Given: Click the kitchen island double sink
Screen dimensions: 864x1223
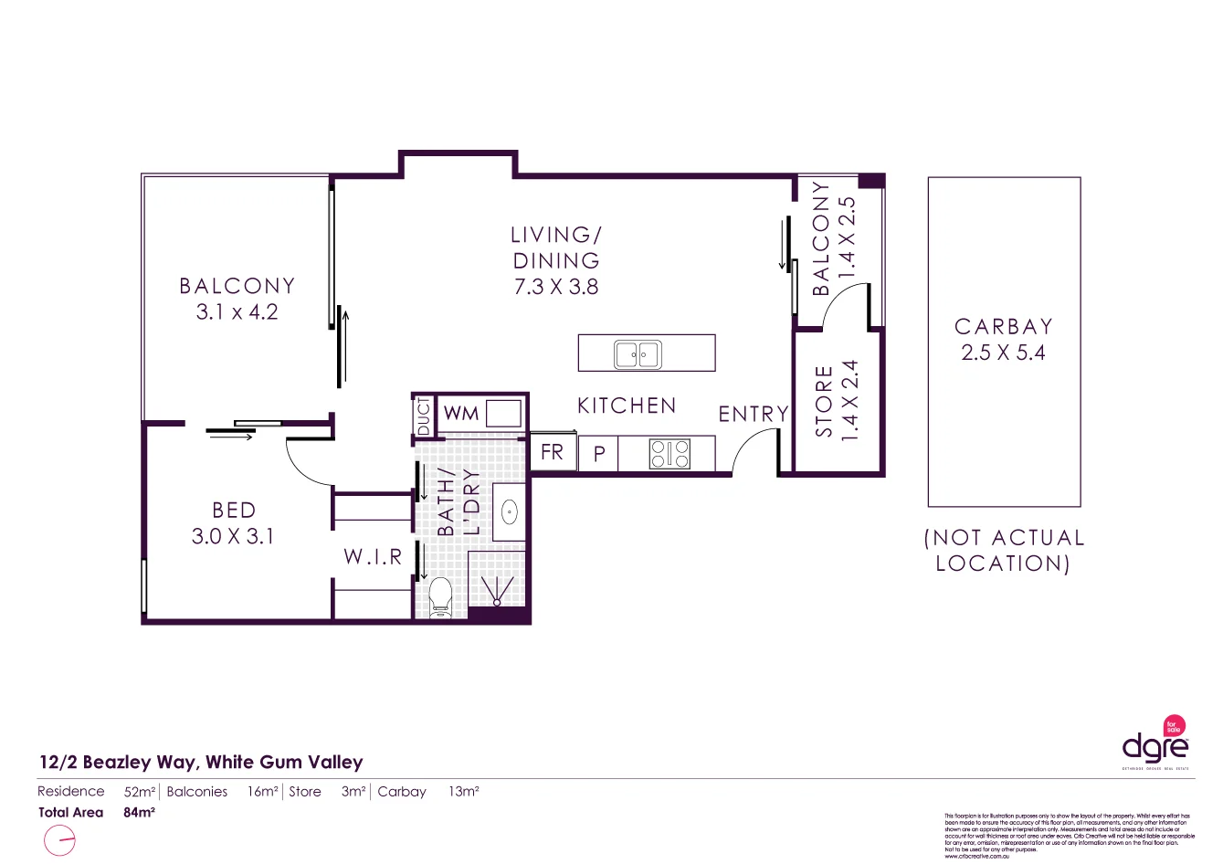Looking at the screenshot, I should pyautogui.click(x=638, y=353).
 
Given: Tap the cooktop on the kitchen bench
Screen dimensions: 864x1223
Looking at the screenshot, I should pyautogui.click(x=669, y=454).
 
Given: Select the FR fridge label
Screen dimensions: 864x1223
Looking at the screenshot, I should pyautogui.click(x=553, y=452).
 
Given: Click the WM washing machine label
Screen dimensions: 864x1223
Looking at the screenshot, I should pyautogui.click(x=460, y=414).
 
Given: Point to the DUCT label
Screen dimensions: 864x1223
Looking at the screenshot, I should pyautogui.click(x=423, y=417).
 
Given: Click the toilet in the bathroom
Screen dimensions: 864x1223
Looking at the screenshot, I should pyautogui.click(x=440, y=597).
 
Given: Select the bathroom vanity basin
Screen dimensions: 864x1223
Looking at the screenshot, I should pyautogui.click(x=509, y=512).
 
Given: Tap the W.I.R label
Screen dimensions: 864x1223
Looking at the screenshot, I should pyautogui.click(x=373, y=557).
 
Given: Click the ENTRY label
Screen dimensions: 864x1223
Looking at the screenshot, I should pyautogui.click(x=753, y=415).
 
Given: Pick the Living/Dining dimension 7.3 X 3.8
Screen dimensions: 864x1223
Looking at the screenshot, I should pyautogui.click(x=555, y=287).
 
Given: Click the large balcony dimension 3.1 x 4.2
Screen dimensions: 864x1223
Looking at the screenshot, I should pyautogui.click(x=237, y=312).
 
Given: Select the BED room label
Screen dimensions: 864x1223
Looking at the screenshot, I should pyautogui.click(x=234, y=511).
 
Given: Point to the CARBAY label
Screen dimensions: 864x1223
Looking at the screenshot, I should pyautogui.click(x=1003, y=327).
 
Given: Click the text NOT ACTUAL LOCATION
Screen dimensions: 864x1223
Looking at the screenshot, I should pyautogui.click(x=1003, y=551).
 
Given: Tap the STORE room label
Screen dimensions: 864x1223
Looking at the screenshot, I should pyautogui.click(x=824, y=402).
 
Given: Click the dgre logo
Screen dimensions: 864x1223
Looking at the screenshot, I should pyautogui.click(x=1155, y=744).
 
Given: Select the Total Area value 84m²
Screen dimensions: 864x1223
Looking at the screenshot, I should pyautogui.click(x=139, y=813).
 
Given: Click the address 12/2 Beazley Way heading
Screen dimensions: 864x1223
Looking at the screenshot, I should pyautogui.click(x=201, y=763).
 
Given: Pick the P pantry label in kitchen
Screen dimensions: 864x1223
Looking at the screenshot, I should pyautogui.click(x=599, y=454).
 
